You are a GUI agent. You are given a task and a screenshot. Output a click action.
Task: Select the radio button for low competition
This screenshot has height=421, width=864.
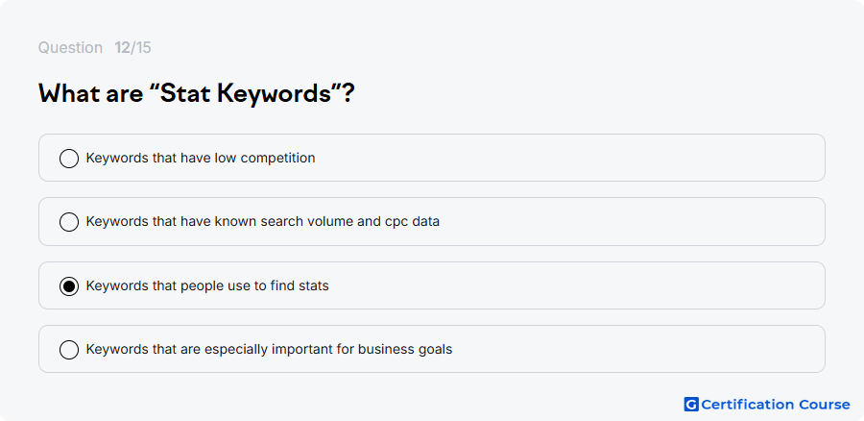click(x=69, y=159)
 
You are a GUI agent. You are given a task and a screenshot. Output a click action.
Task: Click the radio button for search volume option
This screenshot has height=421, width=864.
click(x=69, y=222)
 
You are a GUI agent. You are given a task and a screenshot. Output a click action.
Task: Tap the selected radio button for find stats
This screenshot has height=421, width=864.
click(x=69, y=286)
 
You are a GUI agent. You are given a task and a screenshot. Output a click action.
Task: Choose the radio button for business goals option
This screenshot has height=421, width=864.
click(x=69, y=350)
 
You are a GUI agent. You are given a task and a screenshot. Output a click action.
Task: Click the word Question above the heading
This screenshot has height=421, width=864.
click(x=70, y=48)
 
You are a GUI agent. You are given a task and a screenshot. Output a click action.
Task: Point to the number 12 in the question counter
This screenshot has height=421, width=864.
click(x=122, y=48)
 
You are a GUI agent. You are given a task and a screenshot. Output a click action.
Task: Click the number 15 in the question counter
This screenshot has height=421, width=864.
click(x=143, y=48)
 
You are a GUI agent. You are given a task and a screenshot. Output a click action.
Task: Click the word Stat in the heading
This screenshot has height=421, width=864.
click(x=181, y=94)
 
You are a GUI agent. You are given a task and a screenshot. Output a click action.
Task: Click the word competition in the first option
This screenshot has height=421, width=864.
click(x=277, y=159)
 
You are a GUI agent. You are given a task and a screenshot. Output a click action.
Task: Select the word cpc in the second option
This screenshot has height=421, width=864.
click(x=400, y=222)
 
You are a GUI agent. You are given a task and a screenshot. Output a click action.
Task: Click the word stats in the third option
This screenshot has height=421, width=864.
click(x=314, y=286)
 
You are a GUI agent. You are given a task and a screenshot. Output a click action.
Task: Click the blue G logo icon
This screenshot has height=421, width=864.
click(x=691, y=405)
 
